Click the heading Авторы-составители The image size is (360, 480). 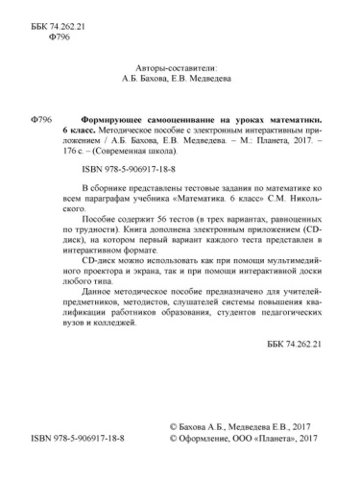click(x=180, y=69)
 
